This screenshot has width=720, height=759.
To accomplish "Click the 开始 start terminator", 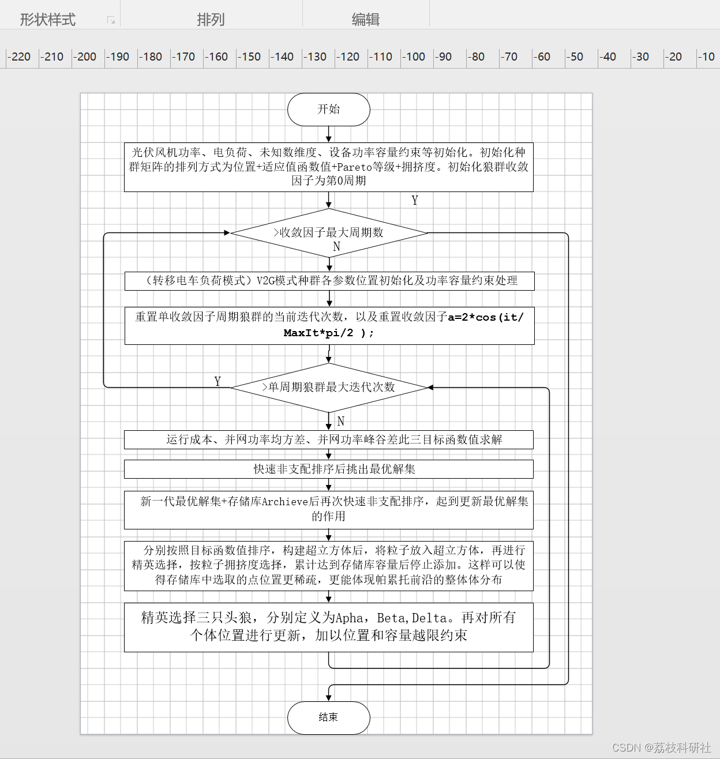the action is (329, 110).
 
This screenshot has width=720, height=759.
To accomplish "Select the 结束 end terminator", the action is (329, 717).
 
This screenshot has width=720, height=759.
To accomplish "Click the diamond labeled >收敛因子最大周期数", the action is (329, 233).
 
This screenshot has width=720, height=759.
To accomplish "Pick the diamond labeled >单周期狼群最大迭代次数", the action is (329, 388).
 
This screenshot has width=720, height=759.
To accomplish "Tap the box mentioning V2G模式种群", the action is (329, 281).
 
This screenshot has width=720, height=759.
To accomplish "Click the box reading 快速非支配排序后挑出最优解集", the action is (329, 469).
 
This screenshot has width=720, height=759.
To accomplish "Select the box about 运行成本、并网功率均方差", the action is (329, 439).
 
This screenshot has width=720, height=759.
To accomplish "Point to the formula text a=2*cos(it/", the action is (486, 317).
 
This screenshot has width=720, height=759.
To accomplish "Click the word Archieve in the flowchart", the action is (284, 502).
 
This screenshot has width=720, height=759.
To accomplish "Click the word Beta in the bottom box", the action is (391, 618).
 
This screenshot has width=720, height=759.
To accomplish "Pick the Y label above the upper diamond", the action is (415, 200).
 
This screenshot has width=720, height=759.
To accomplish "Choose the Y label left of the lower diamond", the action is (218, 381).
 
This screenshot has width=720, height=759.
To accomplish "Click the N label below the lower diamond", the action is (341, 421).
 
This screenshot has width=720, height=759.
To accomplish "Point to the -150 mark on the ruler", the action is (249, 57).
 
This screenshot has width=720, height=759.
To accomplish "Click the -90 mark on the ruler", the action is (444, 57).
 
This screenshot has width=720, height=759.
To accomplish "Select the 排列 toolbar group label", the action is (211, 19).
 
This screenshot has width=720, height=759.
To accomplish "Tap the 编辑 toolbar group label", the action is (366, 19).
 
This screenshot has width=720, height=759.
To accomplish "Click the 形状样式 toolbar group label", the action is (48, 19).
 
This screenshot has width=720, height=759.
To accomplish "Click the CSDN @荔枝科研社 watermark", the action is (661, 747).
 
